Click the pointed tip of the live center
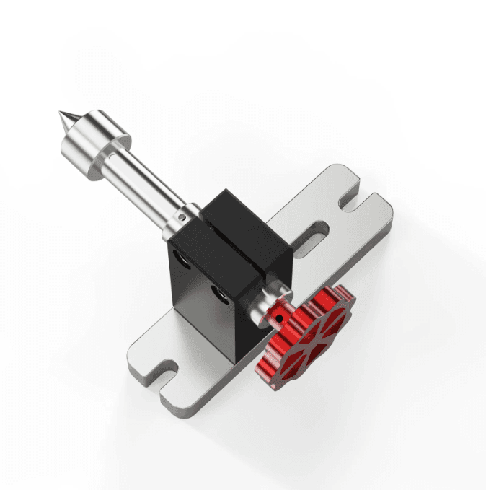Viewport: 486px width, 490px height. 62,115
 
